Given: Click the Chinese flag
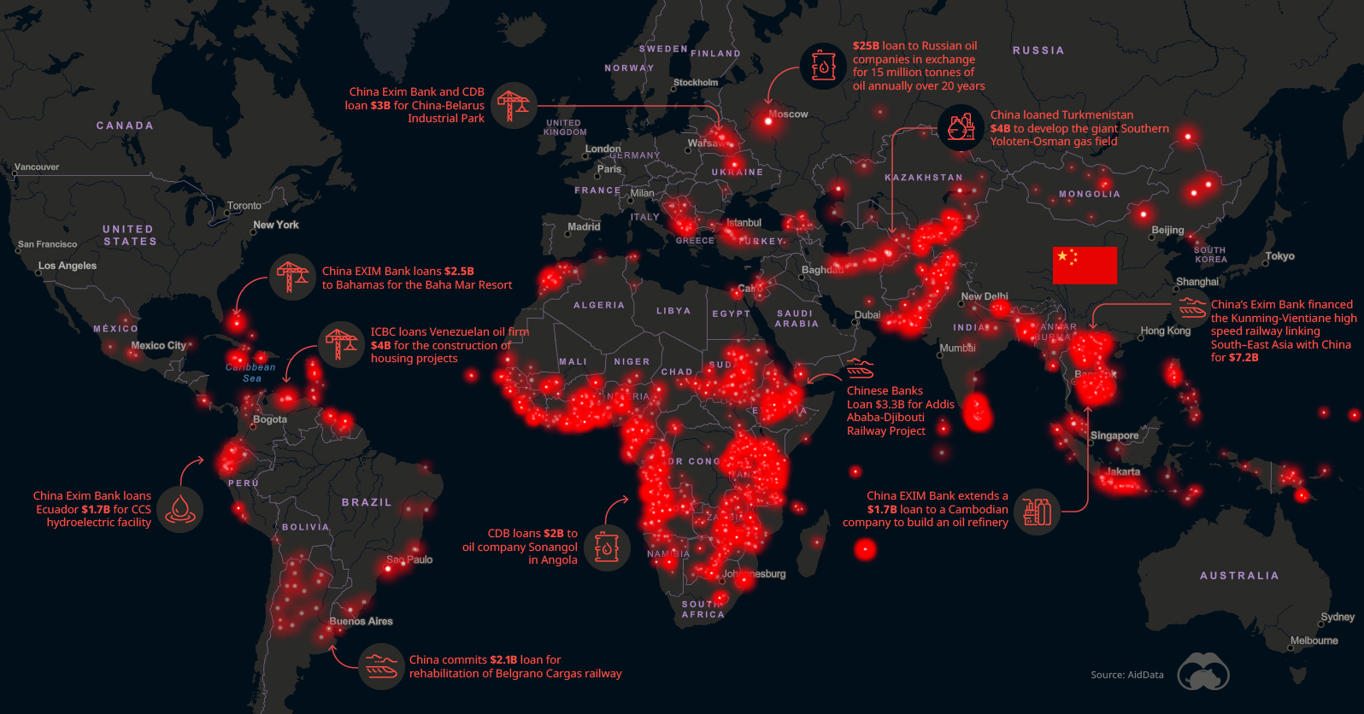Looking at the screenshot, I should coord(1085,265).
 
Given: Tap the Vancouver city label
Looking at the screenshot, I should coord(37,167).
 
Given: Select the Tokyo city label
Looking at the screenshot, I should coord(1279,256).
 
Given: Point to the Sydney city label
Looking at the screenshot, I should coord(1337,617).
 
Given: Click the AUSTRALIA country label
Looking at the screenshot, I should coord(1239,576).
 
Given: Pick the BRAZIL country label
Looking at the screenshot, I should coord(367,502).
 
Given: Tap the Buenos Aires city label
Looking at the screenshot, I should coord(361,621).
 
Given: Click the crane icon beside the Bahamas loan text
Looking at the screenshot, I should coord(292,277).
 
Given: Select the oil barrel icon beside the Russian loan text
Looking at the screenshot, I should coord(823,66).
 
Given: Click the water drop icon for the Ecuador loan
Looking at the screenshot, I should coord(179,509).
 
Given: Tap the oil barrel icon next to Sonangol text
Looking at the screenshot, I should coord(607,547).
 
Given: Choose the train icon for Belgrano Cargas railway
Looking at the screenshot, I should coord(380,666).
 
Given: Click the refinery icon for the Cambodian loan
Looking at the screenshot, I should coord(1037,511).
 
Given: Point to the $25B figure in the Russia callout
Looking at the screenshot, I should coord(866,46).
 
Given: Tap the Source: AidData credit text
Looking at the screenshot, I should coord(1126,675).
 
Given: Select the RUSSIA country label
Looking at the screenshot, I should coord(1038,50).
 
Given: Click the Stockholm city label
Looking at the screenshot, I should coord(696,83).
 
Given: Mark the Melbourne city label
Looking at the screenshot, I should coord(1314,641).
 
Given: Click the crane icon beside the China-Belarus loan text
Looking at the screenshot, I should coord(514,105).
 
